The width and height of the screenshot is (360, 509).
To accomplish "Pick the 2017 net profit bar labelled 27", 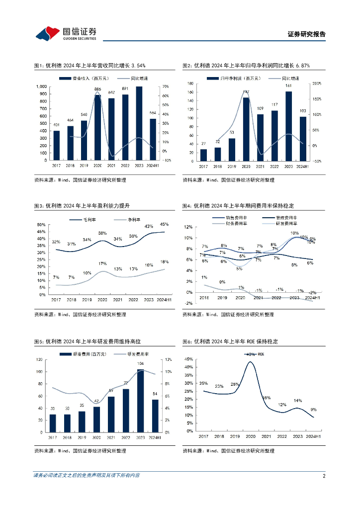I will [x=203, y=155].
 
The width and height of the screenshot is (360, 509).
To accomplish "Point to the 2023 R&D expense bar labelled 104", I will [x=141, y=401].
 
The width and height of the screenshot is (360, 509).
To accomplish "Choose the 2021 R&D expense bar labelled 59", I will [x=111, y=414].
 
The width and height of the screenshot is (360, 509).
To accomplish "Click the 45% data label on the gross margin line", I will [x=164, y=224].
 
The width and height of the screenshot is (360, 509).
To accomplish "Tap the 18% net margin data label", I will [x=164, y=262].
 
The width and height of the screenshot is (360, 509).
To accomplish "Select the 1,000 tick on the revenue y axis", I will [x=41, y=86].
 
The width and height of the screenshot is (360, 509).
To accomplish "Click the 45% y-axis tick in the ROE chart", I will [x=188, y=359].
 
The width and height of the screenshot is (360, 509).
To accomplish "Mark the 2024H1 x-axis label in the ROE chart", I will [x=313, y=436].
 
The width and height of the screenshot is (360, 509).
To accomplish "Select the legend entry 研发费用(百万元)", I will [x=87, y=354].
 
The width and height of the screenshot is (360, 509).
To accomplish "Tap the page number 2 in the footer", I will [x=324, y=476].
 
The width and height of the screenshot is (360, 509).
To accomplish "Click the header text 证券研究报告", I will [x=307, y=34].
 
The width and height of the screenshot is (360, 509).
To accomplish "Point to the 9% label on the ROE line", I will [x=314, y=410].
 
